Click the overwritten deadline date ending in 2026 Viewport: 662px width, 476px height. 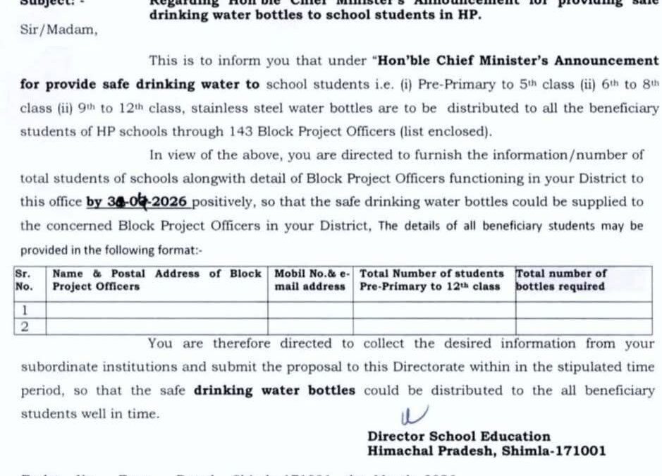click(137, 202)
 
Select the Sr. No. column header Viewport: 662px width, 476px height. click(25, 280)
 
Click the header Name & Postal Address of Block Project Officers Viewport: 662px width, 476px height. click(157, 280)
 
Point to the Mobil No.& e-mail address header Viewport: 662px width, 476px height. click(310, 280)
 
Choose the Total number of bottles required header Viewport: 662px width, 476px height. click(560, 280)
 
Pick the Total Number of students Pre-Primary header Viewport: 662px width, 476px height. click(431, 280)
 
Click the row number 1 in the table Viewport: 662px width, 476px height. click(25, 310)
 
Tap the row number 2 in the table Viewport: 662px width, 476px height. click(25, 326)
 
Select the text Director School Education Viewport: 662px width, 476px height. click(458, 437)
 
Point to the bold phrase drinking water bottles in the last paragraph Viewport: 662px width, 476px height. click(274, 390)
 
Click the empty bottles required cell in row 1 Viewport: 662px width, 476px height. click(582, 310)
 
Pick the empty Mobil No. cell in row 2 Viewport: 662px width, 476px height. click(310, 326)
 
